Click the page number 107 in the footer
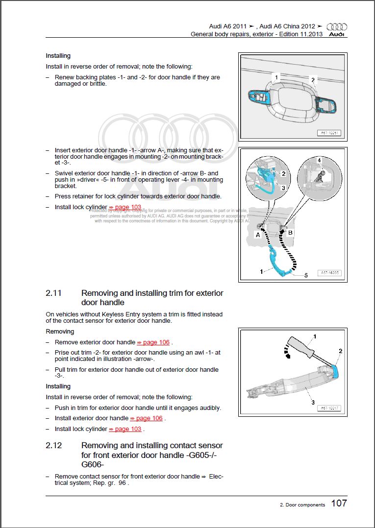coord(339,503)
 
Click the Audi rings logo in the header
coord(336,27)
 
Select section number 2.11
coord(54,293)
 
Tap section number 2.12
coord(54,446)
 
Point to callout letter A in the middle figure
coord(257,235)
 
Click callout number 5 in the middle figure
coord(306,275)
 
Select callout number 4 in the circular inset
coord(319,160)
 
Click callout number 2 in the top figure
coord(313,80)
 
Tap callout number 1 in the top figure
coord(276,77)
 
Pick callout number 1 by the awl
coord(315,336)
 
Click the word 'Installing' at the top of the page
coord(58,56)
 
